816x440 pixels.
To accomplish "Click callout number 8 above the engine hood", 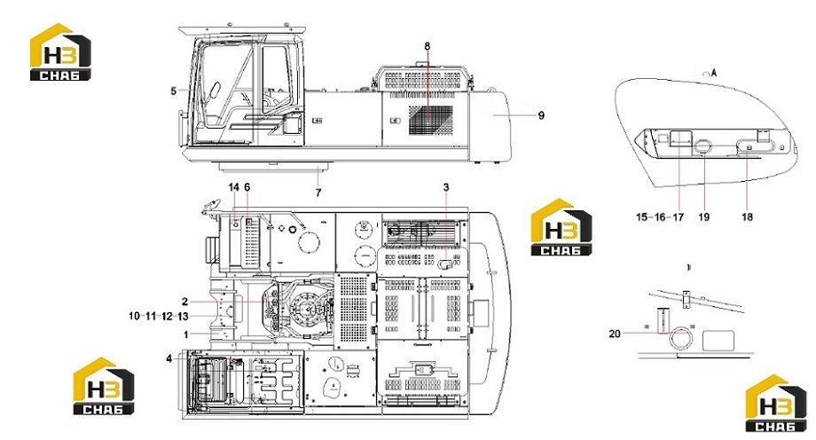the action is (428, 46).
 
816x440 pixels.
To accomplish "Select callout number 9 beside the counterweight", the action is (541, 115).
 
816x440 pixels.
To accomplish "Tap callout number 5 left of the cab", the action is (173, 91).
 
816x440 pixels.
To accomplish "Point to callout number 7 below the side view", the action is (318, 192).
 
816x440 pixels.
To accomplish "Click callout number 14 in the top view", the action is (233, 186).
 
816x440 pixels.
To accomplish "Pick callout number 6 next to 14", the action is (247, 186).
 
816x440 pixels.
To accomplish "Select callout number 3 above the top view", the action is (446, 186).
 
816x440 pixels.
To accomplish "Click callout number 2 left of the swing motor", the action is (184, 302).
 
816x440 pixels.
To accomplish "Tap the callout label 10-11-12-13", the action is (159, 316).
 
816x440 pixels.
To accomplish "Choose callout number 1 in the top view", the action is (185, 334).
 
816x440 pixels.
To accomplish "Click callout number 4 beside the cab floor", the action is (169, 358).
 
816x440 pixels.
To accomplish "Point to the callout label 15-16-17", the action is (660, 216).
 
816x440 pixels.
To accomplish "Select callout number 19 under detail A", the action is (703, 216).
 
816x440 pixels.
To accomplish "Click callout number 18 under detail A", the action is (747, 216).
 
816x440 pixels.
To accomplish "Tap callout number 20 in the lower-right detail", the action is (615, 334).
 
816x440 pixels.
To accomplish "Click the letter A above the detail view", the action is (714, 73).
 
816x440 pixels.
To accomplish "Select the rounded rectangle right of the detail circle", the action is (718, 341).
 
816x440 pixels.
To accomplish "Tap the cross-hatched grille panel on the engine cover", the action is (430, 121).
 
